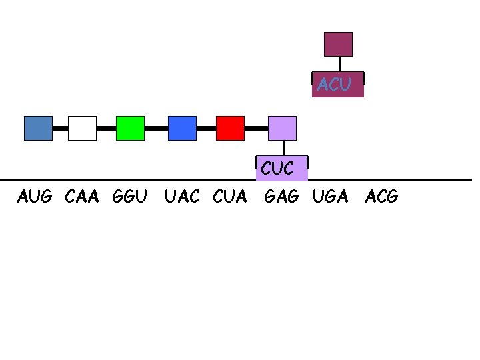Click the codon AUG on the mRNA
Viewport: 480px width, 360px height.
coord(35,197)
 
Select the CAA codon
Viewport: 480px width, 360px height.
coord(82,197)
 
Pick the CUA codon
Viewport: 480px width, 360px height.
coord(230,197)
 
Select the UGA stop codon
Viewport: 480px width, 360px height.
coord(331,197)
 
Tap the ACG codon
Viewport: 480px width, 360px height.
coord(382,197)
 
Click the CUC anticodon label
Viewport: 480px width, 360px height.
coord(277,169)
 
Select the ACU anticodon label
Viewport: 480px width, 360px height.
coord(335,85)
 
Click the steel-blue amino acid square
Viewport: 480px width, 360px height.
coord(38,128)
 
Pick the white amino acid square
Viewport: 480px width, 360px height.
coord(82,128)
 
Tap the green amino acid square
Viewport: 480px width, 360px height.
coord(130,128)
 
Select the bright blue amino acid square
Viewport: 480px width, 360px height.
coord(182,128)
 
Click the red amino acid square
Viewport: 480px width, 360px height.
coord(230,128)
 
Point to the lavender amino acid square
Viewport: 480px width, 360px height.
coord(282,128)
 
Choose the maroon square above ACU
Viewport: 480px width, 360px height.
coord(338,44)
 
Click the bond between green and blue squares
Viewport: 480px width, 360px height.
coord(156,127)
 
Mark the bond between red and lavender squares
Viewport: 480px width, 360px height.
coord(256,127)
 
